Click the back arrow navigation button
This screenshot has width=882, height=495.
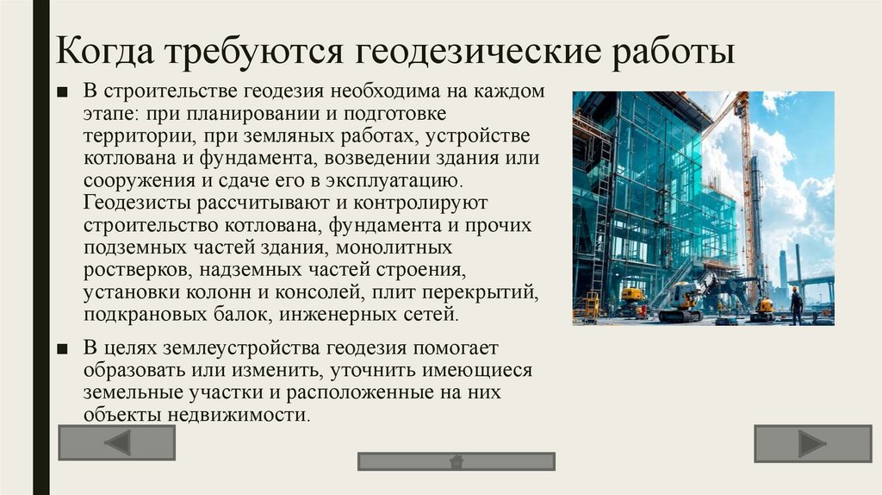point(116,442)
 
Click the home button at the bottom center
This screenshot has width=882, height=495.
point(457,461)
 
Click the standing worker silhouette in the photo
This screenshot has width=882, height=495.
point(796,305)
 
